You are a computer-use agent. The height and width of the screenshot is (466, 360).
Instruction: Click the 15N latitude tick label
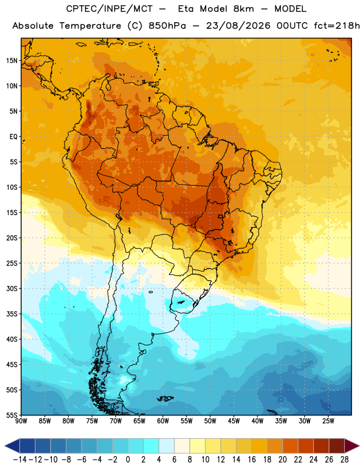(12, 61)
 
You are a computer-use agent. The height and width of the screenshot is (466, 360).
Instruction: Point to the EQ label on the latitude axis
(13, 137)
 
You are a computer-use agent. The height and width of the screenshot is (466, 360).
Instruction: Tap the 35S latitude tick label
(12, 314)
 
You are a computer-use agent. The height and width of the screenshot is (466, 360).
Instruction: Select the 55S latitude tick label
(12, 415)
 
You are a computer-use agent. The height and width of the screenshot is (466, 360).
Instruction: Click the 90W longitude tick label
(21, 421)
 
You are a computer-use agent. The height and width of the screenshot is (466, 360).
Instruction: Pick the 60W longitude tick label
(163, 421)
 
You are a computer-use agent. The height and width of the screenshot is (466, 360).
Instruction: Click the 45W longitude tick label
(234, 421)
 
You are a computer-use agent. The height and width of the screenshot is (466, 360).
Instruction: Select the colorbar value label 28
(344, 460)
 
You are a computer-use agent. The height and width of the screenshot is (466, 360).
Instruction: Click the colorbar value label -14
(20, 460)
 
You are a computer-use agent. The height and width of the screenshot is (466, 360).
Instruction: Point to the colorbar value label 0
(128, 460)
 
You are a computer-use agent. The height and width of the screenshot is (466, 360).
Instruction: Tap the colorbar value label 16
(252, 460)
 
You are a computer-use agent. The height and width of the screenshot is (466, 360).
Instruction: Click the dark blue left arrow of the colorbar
(12, 446)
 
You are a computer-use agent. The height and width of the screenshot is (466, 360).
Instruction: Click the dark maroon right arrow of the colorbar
(352, 446)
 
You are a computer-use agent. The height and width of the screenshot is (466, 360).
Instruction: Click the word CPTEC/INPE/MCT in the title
(109, 9)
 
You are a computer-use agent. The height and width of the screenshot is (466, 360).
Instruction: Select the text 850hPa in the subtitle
(167, 26)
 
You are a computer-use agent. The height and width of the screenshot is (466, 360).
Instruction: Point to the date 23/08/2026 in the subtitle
(238, 26)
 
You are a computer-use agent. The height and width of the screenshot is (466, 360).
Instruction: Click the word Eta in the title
(186, 9)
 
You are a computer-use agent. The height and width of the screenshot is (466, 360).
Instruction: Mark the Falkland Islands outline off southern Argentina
(165, 398)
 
